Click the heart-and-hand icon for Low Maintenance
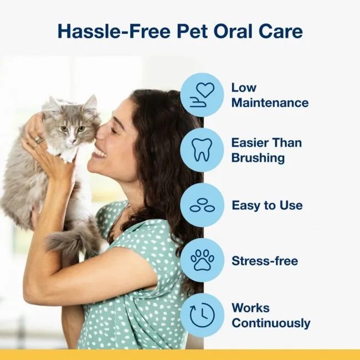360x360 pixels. pyautogui.click(x=202, y=95)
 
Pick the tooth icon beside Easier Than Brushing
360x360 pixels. pyautogui.click(x=202, y=150)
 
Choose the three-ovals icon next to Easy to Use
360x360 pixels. pyautogui.click(x=202, y=205)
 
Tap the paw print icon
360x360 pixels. pyautogui.click(x=202, y=260)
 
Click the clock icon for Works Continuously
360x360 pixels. pyautogui.click(x=202, y=315)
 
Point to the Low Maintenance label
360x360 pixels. pyautogui.click(x=269, y=95)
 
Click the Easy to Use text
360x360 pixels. pyautogui.click(x=267, y=205)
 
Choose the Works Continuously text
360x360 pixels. pyautogui.click(x=270, y=315)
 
